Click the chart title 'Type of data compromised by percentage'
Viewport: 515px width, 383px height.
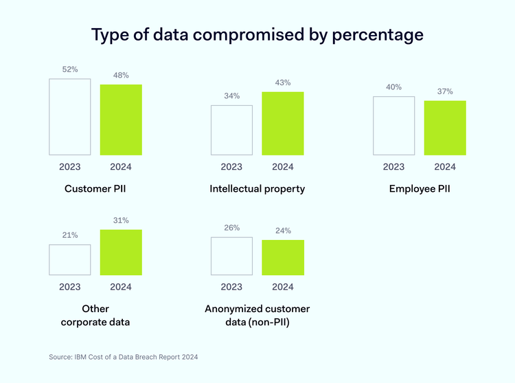point(257,34)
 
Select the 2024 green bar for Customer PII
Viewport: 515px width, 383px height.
point(121,120)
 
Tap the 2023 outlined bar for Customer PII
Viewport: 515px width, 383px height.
point(70,117)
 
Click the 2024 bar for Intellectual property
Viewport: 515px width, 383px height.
point(283,123)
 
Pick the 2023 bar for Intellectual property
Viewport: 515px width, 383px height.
point(231,130)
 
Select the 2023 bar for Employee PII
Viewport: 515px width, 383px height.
point(393,125)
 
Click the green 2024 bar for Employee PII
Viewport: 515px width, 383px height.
point(445,128)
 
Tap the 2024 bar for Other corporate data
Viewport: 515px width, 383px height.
point(121,252)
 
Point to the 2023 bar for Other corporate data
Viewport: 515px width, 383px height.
point(70,260)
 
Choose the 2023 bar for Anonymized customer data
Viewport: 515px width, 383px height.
point(231,256)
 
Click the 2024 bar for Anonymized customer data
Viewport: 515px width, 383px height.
point(283,258)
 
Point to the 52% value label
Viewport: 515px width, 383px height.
point(70,69)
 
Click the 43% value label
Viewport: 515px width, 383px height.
point(283,83)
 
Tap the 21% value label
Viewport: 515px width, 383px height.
point(70,235)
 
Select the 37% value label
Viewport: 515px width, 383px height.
point(445,91)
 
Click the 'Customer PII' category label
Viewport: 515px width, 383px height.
point(95,188)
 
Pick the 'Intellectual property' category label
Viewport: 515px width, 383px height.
point(257,188)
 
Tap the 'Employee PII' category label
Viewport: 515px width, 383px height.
point(419,188)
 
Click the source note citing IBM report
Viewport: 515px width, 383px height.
point(123,357)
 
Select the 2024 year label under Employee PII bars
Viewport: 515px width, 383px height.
point(445,167)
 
